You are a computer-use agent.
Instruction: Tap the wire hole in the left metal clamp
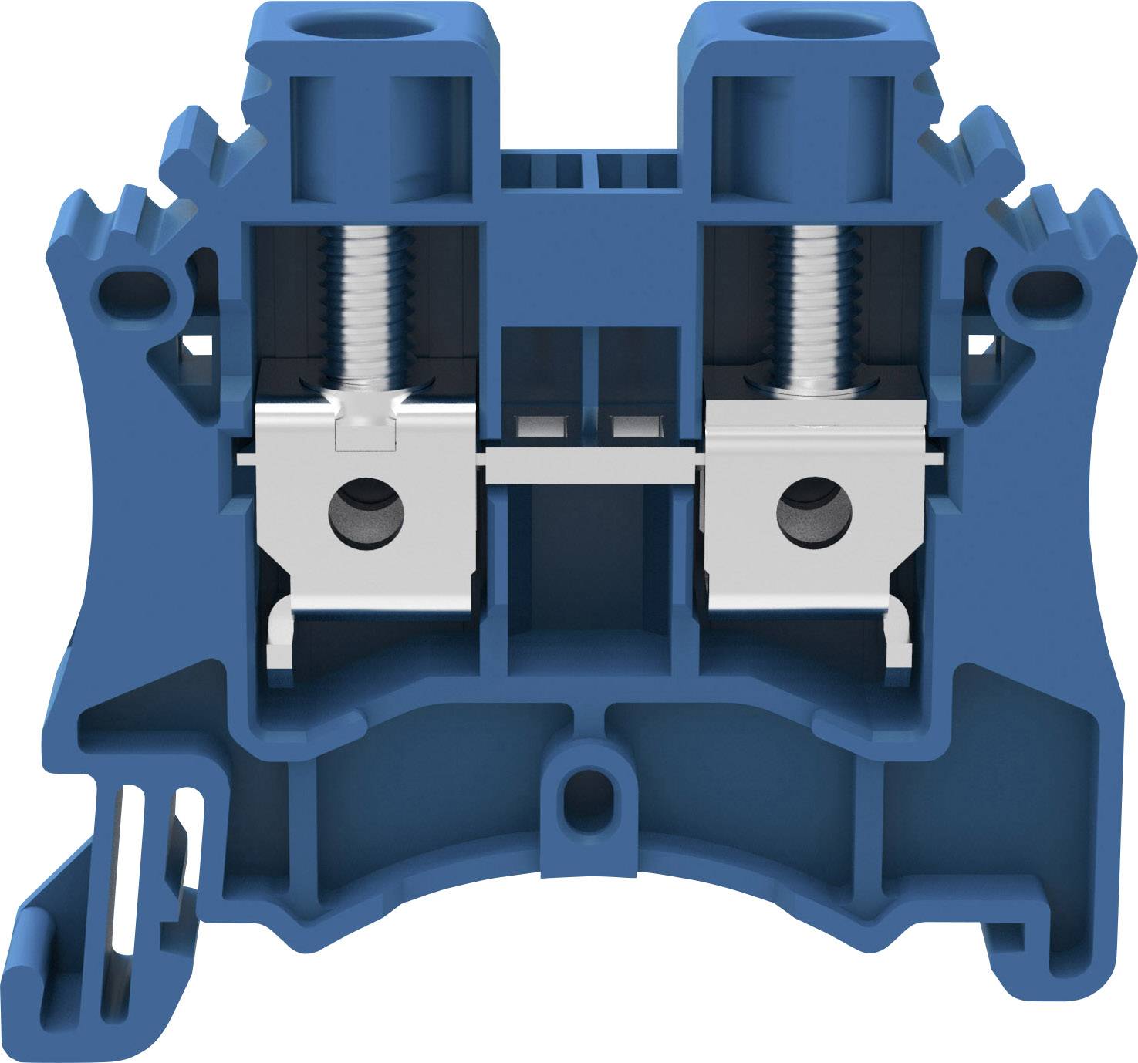(366, 513)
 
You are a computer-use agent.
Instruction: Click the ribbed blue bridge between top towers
(590, 170)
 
